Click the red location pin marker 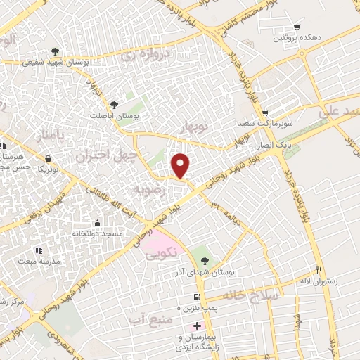(181, 165)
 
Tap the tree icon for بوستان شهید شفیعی (55, 51)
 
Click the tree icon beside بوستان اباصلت (124, 104)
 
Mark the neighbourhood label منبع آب (147, 320)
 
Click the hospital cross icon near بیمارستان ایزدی (198, 325)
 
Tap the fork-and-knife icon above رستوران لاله (318, 271)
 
